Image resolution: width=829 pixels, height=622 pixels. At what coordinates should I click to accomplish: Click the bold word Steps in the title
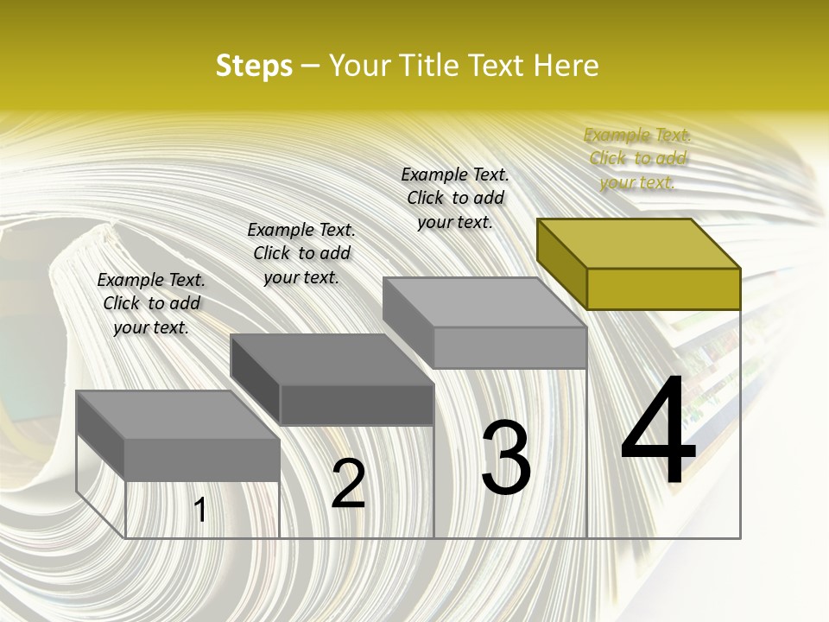click(x=254, y=66)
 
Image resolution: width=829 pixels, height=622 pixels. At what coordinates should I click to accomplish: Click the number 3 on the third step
click(x=506, y=458)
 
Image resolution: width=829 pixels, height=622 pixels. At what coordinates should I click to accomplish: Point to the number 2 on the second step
click(x=348, y=484)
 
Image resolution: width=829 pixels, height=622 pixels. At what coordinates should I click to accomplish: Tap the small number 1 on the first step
click(x=200, y=511)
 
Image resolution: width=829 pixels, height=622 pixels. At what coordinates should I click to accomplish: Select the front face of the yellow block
click(x=663, y=289)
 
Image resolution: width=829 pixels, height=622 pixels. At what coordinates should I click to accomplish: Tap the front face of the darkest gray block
click(x=357, y=404)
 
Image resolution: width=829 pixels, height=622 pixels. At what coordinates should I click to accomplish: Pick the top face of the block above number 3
click(x=484, y=302)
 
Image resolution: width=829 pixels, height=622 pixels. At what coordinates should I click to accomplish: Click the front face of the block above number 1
click(x=202, y=459)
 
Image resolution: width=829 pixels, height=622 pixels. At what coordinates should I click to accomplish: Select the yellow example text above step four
click(x=637, y=158)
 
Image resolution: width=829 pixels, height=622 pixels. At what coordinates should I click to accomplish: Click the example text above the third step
click(x=455, y=198)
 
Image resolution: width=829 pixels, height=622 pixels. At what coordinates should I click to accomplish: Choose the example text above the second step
click(x=301, y=253)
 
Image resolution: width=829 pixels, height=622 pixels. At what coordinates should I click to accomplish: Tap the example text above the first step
click(x=151, y=303)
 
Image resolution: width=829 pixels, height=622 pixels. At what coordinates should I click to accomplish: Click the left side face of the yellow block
click(x=561, y=263)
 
